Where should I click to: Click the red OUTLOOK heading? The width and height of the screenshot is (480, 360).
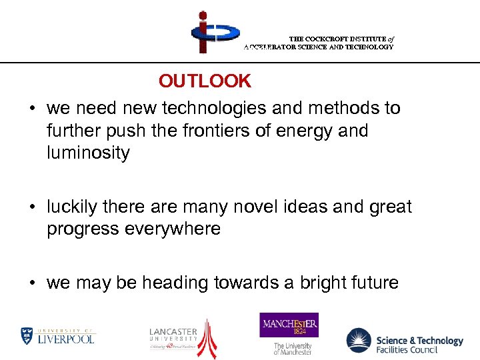[x=205, y=81]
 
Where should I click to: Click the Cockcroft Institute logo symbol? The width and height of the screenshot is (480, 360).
[x=214, y=32]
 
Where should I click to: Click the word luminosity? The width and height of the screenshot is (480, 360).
[x=88, y=153]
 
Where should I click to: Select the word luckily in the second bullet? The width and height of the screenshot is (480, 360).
[x=73, y=207]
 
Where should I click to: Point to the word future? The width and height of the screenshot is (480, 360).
[x=375, y=283]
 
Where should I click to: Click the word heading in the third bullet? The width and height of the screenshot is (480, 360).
[x=173, y=283]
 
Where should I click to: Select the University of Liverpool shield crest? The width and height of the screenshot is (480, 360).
[x=27, y=335]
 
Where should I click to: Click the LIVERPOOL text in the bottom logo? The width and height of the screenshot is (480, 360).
[x=65, y=339]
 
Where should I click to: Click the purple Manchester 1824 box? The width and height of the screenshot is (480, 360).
[x=289, y=325]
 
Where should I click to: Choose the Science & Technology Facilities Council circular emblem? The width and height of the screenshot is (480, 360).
[x=359, y=341]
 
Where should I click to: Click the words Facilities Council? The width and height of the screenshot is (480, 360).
[x=408, y=349]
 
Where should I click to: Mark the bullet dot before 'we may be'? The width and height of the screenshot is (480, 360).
[x=32, y=283]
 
